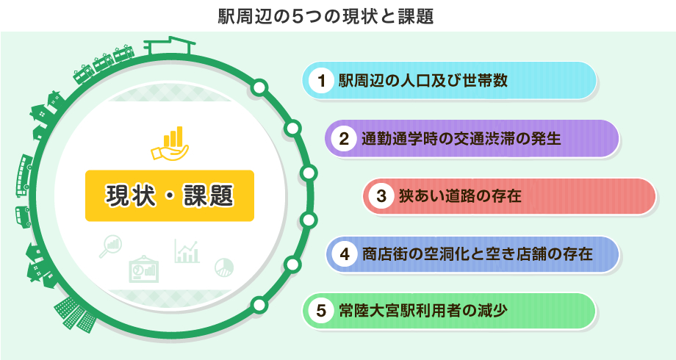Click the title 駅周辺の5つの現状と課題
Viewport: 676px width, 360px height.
pyautogui.click(x=326, y=16)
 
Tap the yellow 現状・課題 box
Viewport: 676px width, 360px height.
pyautogui.click(x=170, y=195)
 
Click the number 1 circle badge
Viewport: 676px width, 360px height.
pyautogui.click(x=321, y=81)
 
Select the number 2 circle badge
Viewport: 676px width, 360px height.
pyautogui.click(x=344, y=139)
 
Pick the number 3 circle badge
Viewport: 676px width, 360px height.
pyautogui.click(x=381, y=196)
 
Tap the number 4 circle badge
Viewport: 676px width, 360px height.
pyautogui.click(x=345, y=254)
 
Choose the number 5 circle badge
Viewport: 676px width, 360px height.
pyautogui.click(x=321, y=311)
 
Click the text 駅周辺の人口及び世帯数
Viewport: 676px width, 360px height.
pyautogui.click(x=423, y=81)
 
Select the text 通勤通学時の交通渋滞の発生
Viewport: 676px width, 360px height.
pyautogui.click(x=461, y=139)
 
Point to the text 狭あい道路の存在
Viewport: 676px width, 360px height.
pyautogui.click(x=460, y=196)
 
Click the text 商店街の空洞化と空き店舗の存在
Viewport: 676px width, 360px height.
pyautogui.click(x=478, y=254)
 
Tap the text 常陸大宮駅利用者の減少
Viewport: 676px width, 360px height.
pyautogui.click(x=423, y=311)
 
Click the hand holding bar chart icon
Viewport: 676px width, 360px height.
pyautogui.click(x=170, y=143)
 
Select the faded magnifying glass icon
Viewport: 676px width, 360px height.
pyautogui.click(x=110, y=246)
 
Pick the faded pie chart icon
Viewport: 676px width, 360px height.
pyautogui.click(x=224, y=267)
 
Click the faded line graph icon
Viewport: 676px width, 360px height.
pyautogui.click(x=187, y=251)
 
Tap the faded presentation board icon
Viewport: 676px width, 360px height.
pyautogui.click(x=144, y=269)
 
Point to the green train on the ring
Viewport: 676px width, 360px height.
pyautogui.click(x=104, y=64)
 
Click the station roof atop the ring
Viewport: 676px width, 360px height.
pyautogui.click(x=169, y=46)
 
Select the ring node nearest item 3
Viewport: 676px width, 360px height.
pyautogui.click(x=308, y=173)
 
